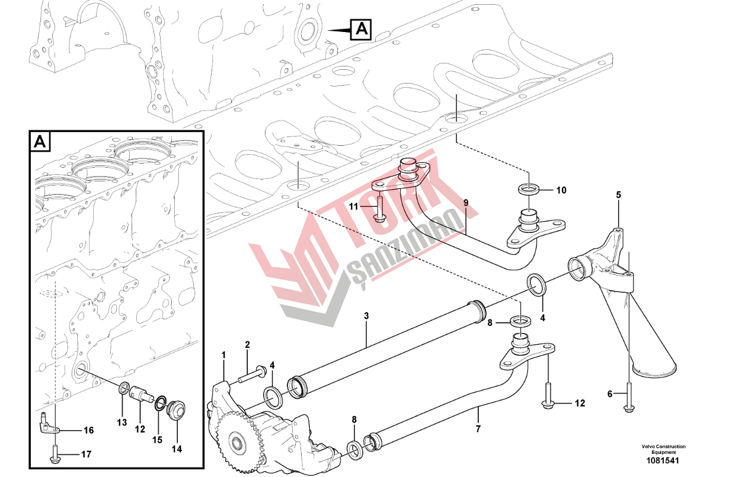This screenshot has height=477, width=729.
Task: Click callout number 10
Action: (x=561, y=190)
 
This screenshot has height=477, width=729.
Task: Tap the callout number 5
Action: (x=618, y=195)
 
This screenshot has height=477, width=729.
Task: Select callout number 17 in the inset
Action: (x=86, y=454)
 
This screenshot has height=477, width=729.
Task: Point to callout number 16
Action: (x=88, y=430)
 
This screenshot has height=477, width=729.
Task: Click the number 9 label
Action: (x=466, y=203)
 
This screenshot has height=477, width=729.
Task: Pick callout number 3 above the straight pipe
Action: (x=366, y=316)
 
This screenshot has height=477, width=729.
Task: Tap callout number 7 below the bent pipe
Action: (x=478, y=429)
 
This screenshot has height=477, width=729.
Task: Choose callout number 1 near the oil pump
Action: (x=223, y=355)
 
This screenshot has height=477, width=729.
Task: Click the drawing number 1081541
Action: (x=662, y=460)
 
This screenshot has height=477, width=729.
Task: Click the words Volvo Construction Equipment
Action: (x=663, y=449)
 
